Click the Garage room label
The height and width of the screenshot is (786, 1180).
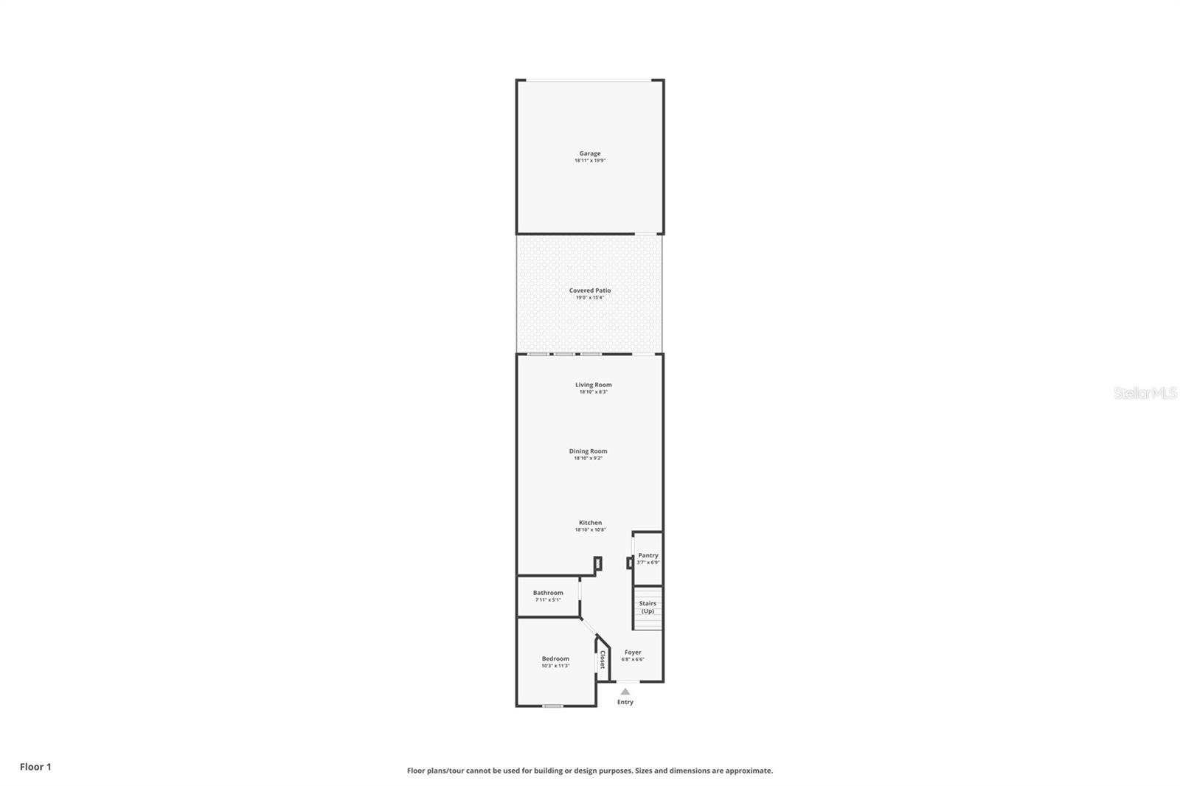tap(589, 153)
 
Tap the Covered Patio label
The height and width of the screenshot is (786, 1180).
tap(589, 291)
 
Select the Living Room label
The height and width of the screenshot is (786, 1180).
tap(593, 384)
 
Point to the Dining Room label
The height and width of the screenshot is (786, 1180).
tap(588, 451)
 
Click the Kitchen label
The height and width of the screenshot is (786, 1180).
tap(590, 523)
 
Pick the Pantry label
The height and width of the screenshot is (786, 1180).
tap(648, 555)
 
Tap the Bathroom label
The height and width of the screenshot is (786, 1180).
tap(548, 593)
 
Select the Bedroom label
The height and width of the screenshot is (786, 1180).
tap(555, 658)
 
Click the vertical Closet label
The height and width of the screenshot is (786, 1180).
tap(603, 659)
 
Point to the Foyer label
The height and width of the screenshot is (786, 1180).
tap(633, 653)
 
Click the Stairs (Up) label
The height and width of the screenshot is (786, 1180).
tap(648, 607)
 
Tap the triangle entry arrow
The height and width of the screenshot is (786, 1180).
tap(625, 692)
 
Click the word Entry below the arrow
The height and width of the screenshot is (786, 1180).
tap(625, 702)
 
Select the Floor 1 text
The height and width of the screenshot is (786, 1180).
tap(35, 767)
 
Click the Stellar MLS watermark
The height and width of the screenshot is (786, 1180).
tap(1145, 393)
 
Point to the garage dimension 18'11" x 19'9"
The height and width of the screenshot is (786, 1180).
tap(589, 161)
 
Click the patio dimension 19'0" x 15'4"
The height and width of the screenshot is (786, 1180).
tap(589, 298)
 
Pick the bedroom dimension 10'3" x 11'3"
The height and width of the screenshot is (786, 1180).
tap(555, 666)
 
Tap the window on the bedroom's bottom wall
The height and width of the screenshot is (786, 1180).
tap(552, 706)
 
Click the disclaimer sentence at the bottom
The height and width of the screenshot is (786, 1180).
tap(590, 771)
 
